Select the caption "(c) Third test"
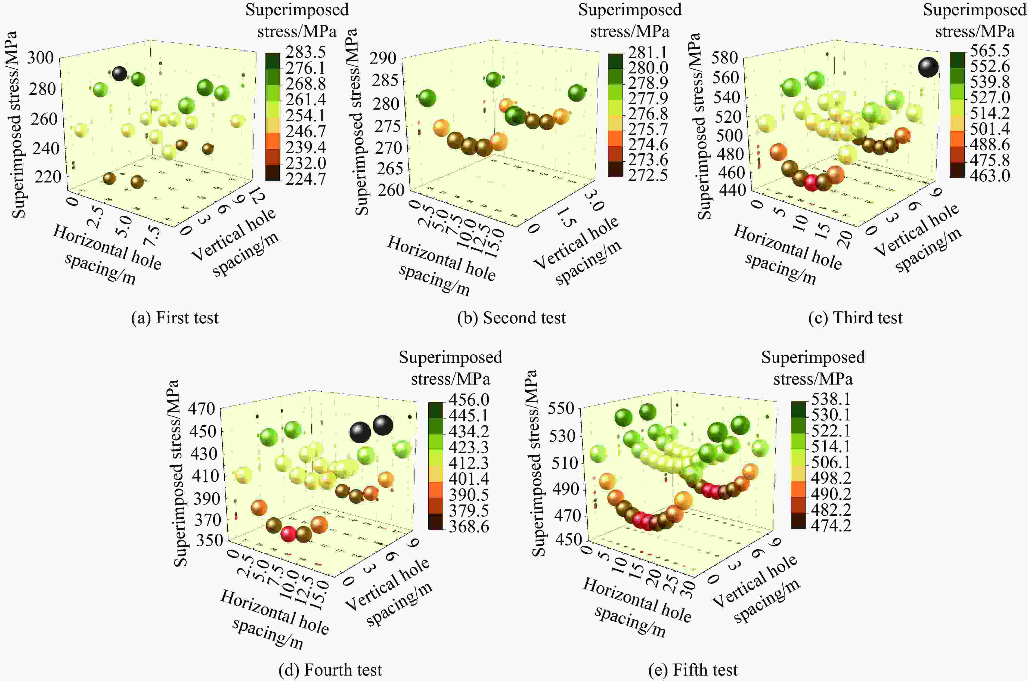pyautogui.click(x=855, y=318)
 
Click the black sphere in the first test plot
pyautogui.click(x=119, y=74)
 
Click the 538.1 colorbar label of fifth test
pyautogui.click(x=830, y=399)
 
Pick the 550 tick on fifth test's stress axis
pyautogui.click(x=562, y=408)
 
